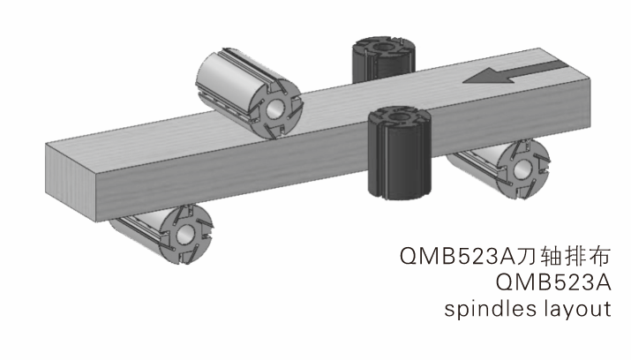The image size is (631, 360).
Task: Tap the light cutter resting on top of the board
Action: [249, 94]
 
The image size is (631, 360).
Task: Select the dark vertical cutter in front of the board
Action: [400, 153]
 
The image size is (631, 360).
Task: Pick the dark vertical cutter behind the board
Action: [384, 59]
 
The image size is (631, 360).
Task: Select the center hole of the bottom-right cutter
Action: [522, 169]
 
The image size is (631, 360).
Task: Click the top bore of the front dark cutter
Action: [399, 116]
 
